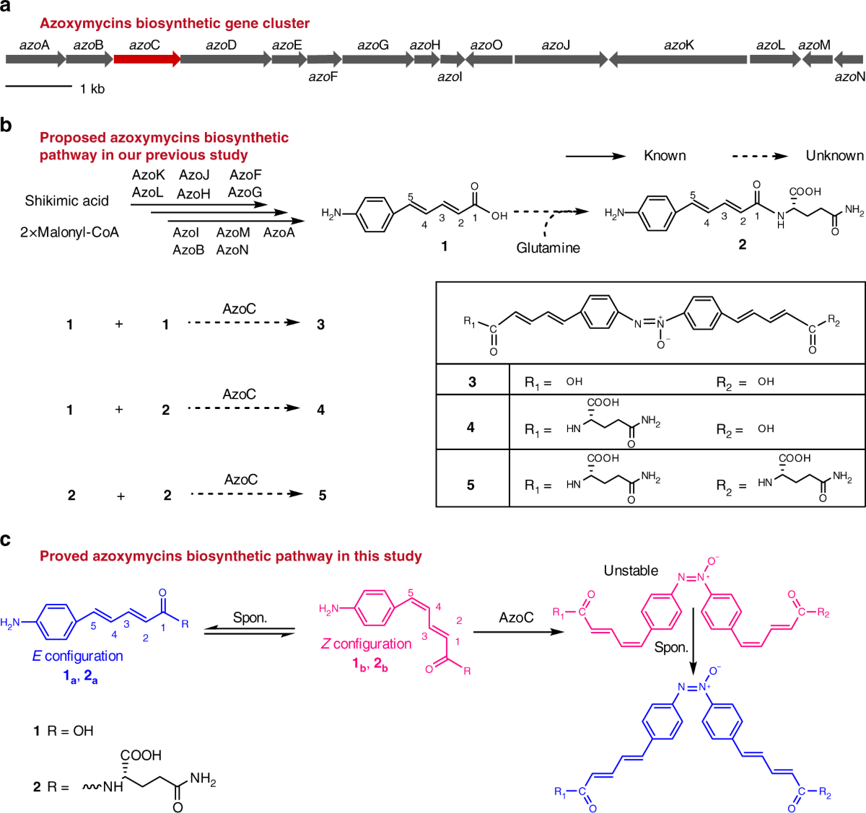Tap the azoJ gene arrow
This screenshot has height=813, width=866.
click(x=560, y=59)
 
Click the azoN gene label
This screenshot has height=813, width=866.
click(x=849, y=76)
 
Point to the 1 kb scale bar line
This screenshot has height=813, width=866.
click(x=39, y=87)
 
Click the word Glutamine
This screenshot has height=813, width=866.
click(x=548, y=247)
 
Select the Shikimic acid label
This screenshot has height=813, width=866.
click(x=66, y=201)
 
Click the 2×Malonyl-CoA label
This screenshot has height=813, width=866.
click(x=69, y=232)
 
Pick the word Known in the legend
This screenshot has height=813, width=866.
click(x=665, y=155)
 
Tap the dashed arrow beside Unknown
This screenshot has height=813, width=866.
click(x=759, y=155)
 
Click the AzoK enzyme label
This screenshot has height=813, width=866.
click(x=148, y=175)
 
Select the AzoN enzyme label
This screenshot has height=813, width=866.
click(x=232, y=250)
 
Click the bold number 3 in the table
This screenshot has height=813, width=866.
click(x=472, y=382)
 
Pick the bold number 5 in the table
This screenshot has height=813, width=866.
click(x=471, y=485)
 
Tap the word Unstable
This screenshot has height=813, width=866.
click(x=631, y=571)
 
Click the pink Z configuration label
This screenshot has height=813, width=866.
click(x=366, y=643)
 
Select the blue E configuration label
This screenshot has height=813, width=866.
click(x=78, y=656)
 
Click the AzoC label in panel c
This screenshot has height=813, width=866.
click(x=516, y=618)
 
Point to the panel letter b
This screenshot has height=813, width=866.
click(x=6, y=126)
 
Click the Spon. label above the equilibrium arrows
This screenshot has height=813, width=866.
click(x=250, y=618)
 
